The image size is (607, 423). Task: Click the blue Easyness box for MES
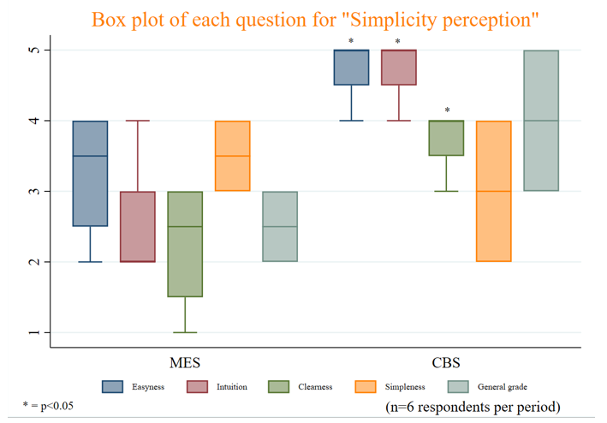point(90,173)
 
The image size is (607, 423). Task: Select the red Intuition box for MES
point(138,226)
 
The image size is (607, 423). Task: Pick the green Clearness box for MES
point(185,244)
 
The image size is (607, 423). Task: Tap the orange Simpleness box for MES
point(232,156)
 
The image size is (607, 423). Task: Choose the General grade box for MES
point(279,226)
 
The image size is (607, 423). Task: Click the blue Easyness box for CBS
point(351,68)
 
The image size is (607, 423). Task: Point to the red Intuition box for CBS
point(398,68)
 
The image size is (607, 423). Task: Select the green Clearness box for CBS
point(446,138)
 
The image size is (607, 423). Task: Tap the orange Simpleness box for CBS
point(493,191)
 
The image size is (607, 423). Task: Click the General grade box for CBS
point(541,120)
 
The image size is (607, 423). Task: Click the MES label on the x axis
point(185,360)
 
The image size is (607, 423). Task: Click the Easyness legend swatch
point(112,387)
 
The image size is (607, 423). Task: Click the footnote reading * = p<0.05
point(49,405)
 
